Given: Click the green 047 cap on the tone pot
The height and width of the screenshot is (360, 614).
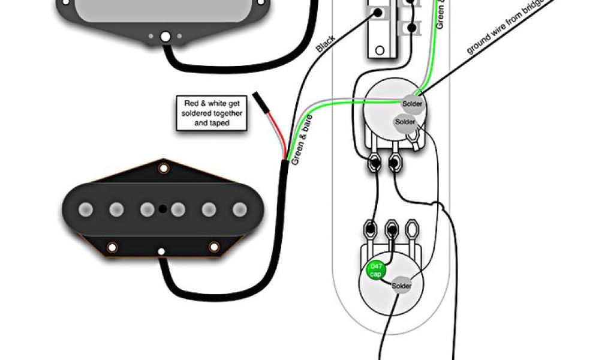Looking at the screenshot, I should tap(376, 271).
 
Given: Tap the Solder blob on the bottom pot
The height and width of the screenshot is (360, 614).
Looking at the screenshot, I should tap(402, 286).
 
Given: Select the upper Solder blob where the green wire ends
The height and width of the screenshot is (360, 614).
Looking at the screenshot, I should tap(413, 103).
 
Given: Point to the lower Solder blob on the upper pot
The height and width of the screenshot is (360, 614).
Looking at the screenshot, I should tap(405, 122).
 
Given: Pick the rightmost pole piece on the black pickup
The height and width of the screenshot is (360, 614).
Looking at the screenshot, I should tap(240, 209).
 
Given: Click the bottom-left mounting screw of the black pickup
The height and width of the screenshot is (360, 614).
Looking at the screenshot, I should tap(112, 247).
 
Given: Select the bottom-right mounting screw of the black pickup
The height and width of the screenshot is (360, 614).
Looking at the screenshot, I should tap(214, 247).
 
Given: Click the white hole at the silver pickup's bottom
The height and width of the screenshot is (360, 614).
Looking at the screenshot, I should tap(165, 37).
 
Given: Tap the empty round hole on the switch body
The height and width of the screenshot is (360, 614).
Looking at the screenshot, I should tap(378, 50).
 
